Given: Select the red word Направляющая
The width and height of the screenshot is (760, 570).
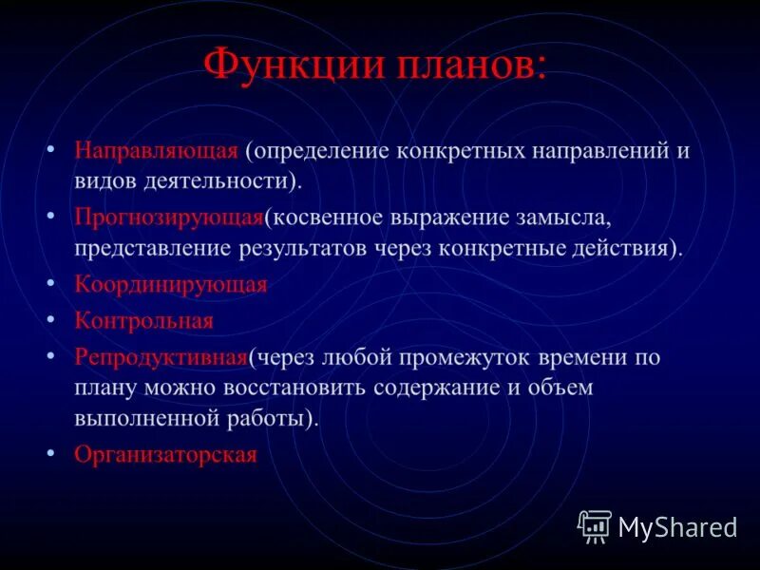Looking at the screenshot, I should pos(156,151).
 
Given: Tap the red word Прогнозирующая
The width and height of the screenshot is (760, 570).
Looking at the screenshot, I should pos(168,218).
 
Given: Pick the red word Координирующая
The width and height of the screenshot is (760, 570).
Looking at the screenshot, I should pos(171,284).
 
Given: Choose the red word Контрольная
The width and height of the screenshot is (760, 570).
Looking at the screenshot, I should pos(144,321).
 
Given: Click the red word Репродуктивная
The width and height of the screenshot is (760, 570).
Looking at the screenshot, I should pos(161,357).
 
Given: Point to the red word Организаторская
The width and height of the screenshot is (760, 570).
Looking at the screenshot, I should pos(166,454).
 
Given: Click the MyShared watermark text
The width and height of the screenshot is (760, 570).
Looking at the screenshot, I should pos(677,527).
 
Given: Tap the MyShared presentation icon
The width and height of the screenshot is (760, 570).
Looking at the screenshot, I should pos(595,526).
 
